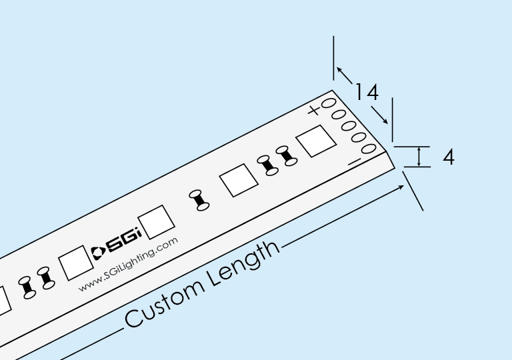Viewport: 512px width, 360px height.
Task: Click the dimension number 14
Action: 366,91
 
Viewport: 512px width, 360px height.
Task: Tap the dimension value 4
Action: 449,157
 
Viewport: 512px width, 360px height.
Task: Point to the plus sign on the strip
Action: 314,110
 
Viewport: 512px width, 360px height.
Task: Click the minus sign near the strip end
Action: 355,161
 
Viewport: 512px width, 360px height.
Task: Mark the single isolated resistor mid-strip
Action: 199,201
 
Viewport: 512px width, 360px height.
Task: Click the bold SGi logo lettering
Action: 122,243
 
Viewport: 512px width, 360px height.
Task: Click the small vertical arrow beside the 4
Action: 419,157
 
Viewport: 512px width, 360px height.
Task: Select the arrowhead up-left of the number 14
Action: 339,69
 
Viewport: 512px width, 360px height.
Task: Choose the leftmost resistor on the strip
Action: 27,286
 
